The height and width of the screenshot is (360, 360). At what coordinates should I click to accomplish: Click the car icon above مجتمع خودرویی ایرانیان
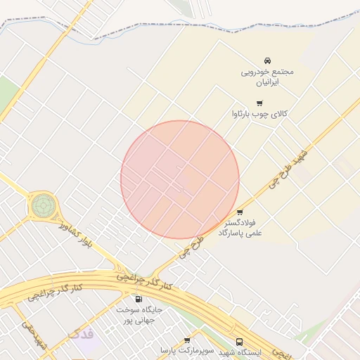coord(267,61)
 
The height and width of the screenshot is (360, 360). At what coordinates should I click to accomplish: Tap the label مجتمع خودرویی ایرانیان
coord(267,77)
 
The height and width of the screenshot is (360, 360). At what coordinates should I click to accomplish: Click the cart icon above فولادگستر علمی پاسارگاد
coord(240,212)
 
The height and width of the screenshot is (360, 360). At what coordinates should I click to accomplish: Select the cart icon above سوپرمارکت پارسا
coord(187,340)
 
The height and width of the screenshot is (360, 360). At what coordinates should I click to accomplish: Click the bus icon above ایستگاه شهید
coord(240,341)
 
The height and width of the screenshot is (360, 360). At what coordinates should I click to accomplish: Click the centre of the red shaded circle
coord(180,179)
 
